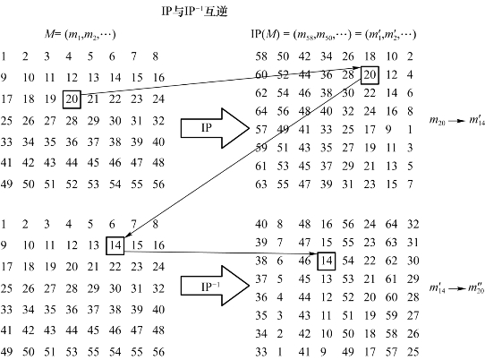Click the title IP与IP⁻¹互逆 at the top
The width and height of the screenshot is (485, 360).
point(194,11)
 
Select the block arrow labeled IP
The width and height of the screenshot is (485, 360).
point(215,128)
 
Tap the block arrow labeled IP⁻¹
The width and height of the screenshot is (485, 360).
point(215,286)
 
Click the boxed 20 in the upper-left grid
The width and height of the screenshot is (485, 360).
point(72,99)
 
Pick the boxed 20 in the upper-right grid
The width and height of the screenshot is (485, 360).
point(370,75)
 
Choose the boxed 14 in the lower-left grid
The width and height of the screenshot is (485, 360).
point(115,245)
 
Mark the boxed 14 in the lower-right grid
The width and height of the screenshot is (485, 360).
point(327,261)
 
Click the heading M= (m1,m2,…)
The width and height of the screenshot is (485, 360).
point(81,34)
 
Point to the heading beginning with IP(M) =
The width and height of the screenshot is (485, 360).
point(334,34)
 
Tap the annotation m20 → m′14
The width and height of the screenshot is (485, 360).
point(457,121)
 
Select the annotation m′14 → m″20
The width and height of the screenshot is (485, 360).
point(457,288)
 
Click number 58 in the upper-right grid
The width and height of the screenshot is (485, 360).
point(261,56)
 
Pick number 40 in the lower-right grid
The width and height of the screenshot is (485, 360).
point(261,224)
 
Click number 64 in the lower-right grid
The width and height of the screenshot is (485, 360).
point(391,224)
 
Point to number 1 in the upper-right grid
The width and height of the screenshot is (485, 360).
point(410,129)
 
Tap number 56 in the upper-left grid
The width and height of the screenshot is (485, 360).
point(158,184)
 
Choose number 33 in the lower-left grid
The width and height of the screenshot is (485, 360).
point(6,310)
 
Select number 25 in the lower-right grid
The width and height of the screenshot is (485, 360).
point(413,352)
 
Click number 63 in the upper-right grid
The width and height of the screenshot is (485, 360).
point(261,184)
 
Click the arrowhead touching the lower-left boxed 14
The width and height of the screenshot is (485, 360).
point(128,236)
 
